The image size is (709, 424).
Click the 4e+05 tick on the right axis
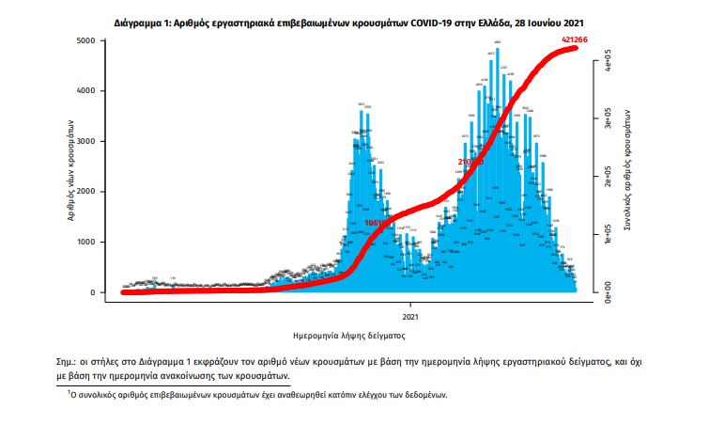(x=609, y=65)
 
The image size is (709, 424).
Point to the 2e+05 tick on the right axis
(x=609, y=176)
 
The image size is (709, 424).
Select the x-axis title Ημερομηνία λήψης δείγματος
(x=348, y=334)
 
